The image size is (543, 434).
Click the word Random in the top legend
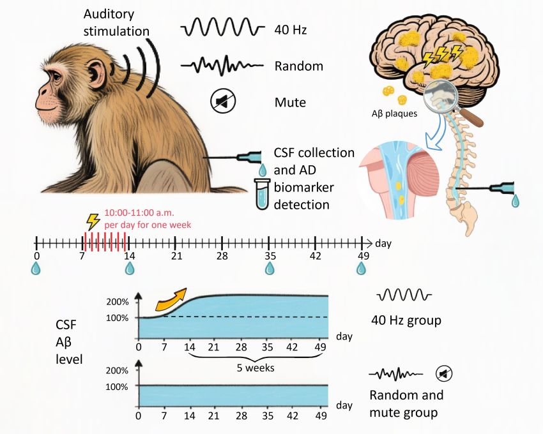298,66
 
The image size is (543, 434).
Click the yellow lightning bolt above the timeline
93,221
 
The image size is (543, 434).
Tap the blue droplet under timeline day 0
36,269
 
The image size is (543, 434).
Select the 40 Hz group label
406,320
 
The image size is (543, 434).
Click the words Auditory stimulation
116,22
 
